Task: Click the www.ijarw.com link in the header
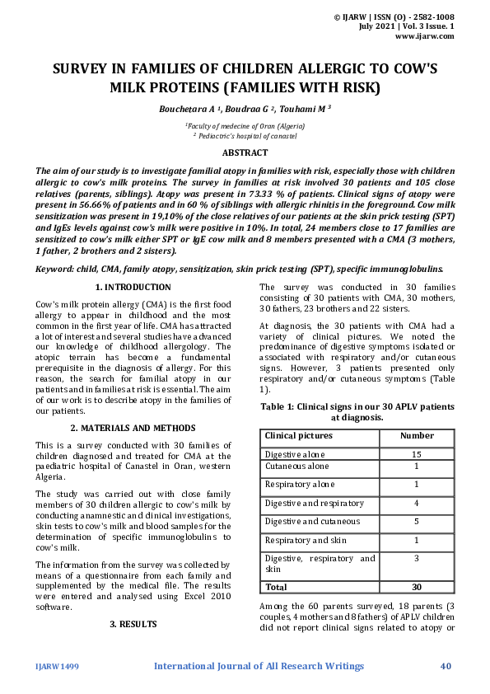click(425, 36)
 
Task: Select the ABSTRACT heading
click(245, 152)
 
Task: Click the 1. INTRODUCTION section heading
click(133, 287)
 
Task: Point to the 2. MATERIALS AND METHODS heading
click(133, 428)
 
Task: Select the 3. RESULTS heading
click(133, 624)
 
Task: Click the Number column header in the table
click(417, 435)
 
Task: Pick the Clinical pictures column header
click(298, 435)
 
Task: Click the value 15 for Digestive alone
click(417, 454)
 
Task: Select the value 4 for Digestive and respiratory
click(417, 503)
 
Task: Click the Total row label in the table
click(277, 588)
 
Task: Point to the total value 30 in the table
click(417, 588)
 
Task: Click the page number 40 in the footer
click(446, 666)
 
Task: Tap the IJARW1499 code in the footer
click(58, 666)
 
